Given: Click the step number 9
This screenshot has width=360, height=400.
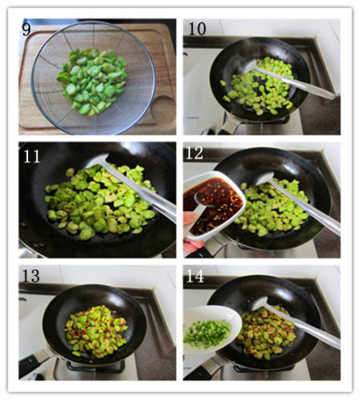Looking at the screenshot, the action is pos(26,29).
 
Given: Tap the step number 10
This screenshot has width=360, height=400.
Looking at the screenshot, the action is pos(198,29).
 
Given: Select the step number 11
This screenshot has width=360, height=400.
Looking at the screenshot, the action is pos(31,157).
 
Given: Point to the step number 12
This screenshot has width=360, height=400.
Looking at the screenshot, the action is pos(194,153).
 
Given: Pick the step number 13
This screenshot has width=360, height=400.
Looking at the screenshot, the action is pos(31,276).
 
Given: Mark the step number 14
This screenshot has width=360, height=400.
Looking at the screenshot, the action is pos(195,276).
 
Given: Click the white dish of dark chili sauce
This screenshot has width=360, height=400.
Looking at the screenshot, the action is pos(214,206).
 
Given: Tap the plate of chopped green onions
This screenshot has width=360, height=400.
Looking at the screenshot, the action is pos(210,330).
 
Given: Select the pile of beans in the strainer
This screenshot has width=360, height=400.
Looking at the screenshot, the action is pos(92,82).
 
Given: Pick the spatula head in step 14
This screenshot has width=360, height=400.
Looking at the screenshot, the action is pos(261,303).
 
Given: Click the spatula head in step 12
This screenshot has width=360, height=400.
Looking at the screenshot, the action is pos(266,178).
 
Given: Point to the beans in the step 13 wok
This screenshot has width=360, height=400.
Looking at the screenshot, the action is pos(95,331).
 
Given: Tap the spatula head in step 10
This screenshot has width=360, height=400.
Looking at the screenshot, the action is pos(251,66).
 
